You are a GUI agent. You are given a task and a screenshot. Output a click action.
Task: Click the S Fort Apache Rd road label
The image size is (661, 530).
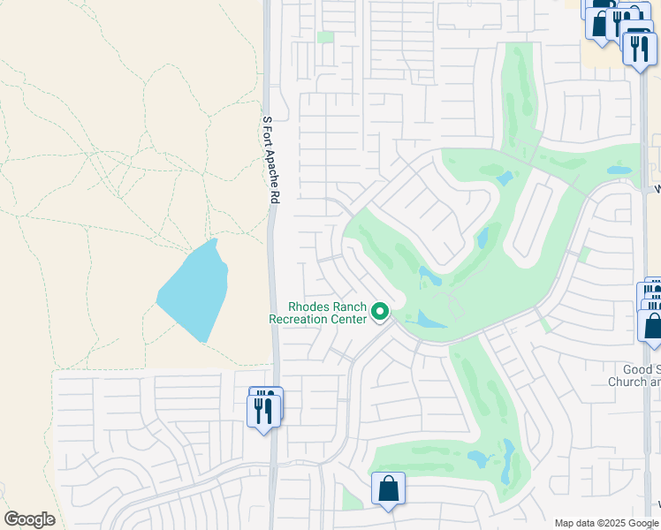[270, 160]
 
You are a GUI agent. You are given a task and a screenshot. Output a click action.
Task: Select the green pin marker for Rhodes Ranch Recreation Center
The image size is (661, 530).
[381, 311]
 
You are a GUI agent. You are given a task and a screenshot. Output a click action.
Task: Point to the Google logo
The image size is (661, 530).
[29, 519]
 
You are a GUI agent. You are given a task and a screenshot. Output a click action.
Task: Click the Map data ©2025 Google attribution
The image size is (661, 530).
[607, 523]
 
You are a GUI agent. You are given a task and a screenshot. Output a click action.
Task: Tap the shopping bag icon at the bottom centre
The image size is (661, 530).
[388, 488]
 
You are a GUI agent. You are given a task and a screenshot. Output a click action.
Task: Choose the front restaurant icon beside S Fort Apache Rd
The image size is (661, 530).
[263, 412]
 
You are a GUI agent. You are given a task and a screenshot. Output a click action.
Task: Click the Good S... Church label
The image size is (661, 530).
[634, 375]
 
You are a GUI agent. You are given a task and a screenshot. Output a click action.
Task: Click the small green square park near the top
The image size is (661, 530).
[325, 37]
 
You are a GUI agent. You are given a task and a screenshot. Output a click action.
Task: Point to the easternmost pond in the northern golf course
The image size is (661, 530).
[619, 170]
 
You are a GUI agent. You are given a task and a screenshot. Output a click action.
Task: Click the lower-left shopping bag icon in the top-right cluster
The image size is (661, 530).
[601, 25]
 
